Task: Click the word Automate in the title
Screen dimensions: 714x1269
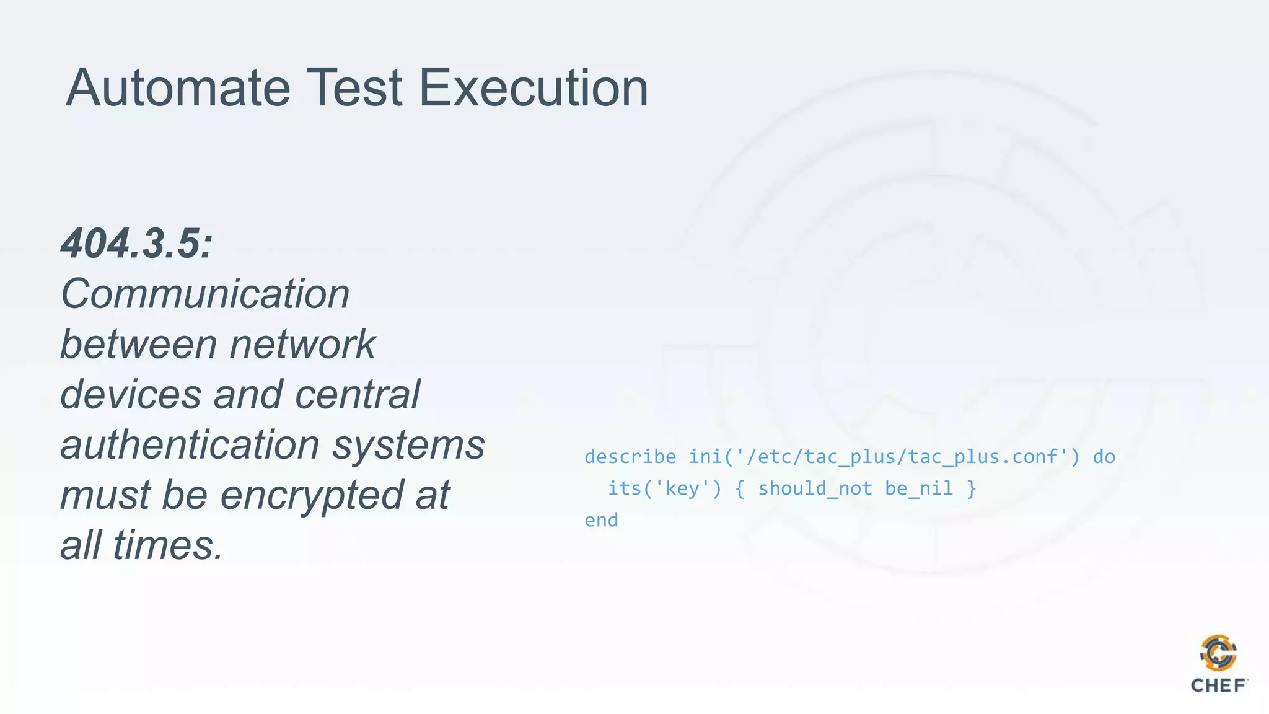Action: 178,88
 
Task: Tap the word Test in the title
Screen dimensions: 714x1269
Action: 354,88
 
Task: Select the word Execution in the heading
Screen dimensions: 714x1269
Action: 534,88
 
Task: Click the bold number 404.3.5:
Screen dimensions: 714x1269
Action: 137,243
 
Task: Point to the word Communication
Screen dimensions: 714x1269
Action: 205,294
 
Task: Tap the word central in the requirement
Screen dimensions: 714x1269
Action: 358,394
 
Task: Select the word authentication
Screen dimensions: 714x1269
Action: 189,444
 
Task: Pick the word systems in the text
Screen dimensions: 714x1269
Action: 409,444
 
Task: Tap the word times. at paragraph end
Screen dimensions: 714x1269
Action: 168,545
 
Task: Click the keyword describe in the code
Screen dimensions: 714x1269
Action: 630,457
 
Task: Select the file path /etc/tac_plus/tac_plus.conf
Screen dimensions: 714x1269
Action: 908,457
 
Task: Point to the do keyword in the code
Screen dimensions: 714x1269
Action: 1104,457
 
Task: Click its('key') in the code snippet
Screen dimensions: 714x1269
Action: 664,488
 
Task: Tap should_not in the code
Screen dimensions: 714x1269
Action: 815,488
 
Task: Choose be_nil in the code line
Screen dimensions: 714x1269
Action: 919,488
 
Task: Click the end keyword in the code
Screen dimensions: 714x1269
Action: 601,520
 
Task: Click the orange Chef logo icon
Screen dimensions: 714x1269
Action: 1218,653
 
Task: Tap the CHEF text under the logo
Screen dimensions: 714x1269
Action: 1218,685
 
